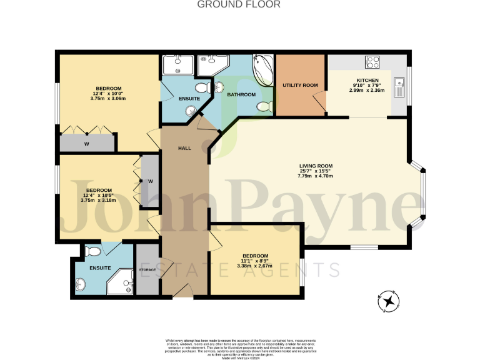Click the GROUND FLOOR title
(239, 4)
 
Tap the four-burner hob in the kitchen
(373, 62)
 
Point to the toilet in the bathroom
(266, 106)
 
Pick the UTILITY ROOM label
(300, 85)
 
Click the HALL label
(184, 148)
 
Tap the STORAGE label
(147, 269)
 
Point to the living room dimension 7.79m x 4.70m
(315, 176)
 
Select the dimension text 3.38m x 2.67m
(255, 266)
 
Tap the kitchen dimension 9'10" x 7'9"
(367, 86)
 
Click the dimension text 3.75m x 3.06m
(108, 99)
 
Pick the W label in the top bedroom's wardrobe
(87, 143)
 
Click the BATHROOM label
(241, 94)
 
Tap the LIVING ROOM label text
(315, 166)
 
